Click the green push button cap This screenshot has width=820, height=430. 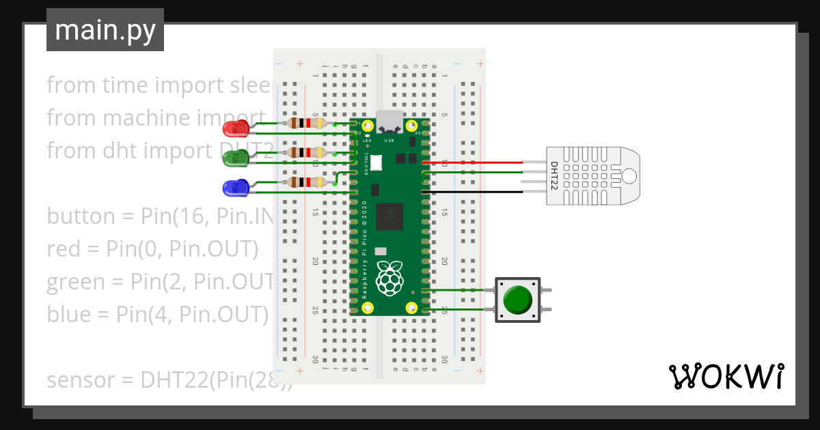(517, 299)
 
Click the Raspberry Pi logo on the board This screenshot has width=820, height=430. (390, 278)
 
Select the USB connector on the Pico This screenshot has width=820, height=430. (390, 121)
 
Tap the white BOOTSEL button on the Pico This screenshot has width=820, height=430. (377, 162)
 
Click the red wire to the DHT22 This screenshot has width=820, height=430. (471, 162)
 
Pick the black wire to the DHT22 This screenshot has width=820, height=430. (471, 192)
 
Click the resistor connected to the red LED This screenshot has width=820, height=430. (306, 123)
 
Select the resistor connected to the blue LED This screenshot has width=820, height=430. (306, 182)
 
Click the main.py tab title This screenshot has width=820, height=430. (105, 31)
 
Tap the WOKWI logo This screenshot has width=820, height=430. (725, 376)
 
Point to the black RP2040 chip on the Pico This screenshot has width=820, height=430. (390, 216)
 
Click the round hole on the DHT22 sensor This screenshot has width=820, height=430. (629, 175)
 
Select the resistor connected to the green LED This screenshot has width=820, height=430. (306, 152)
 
